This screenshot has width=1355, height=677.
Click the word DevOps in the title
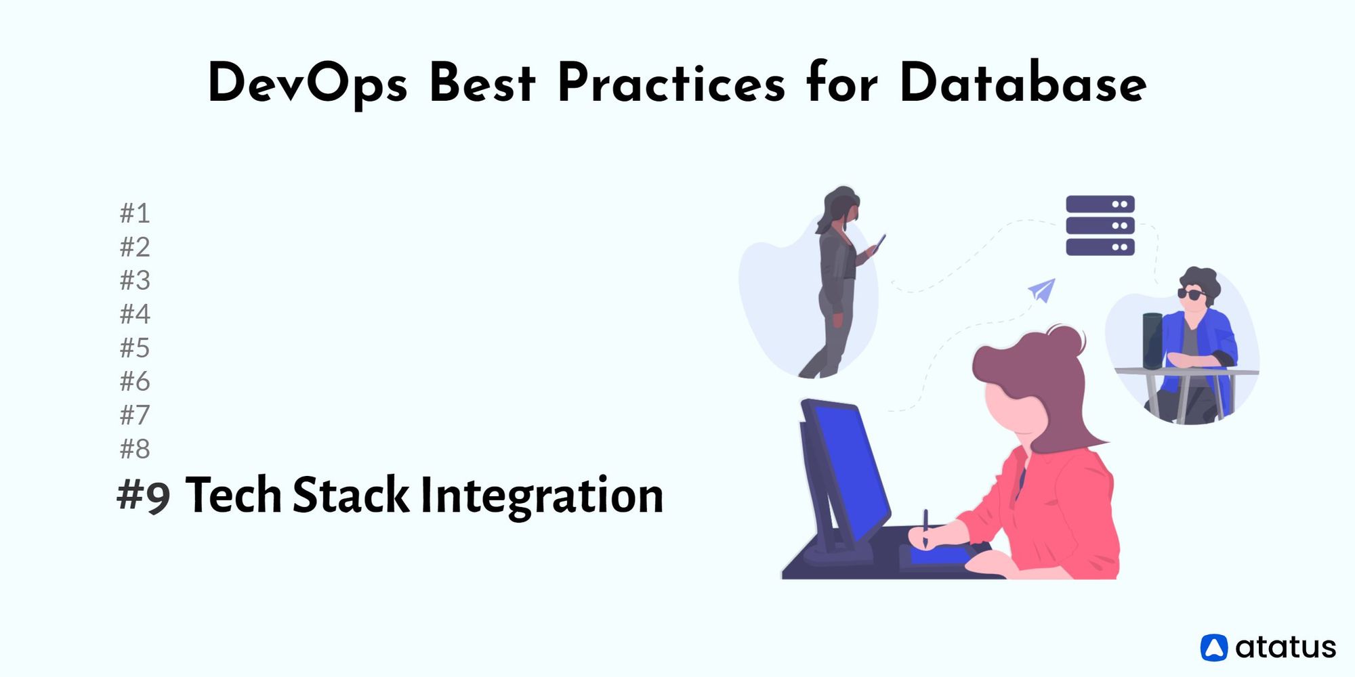coord(308,84)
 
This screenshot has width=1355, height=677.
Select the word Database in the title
coord(1023,83)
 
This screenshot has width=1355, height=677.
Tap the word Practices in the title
coord(671,83)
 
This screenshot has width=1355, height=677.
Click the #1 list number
coord(135,213)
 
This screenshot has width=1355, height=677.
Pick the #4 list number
coord(135,314)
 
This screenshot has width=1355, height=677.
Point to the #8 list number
coord(135,449)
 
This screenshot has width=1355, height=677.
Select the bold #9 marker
coord(144,496)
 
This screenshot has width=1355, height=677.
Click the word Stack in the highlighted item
coord(351,495)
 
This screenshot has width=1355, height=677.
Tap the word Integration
coord(542,496)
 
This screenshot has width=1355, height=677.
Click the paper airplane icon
coord(1043,290)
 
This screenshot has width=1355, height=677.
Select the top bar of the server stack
coord(1100,204)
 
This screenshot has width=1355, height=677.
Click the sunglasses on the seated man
coord(1190,294)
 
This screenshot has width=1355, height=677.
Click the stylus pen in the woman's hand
coord(925,528)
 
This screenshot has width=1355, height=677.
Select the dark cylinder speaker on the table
coord(1152,341)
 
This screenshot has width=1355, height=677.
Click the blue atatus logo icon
coord(1213,648)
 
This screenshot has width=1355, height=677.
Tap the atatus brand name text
coord(1285,648)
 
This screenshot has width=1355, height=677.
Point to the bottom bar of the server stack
coord(1100,247)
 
